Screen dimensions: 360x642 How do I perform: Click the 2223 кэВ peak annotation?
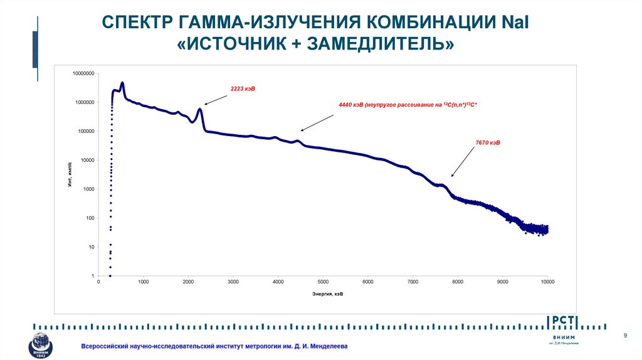pyautogui.click(x=243, y=90)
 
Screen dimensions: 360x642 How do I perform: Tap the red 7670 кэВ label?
pyautogui.click(x=488, y=143)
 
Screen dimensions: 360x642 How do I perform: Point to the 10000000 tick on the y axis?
pyautogui.click(x=83, y=73)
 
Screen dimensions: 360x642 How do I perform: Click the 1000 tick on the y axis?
pyautogui.click(x=88, y=189)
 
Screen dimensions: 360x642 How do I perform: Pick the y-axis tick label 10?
pyautogui.click(x=92, y=247)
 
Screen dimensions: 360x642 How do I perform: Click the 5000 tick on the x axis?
pyautogui.click(x=323, y=282)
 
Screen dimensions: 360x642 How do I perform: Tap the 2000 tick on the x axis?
pyautogui.click(x=188, y=282)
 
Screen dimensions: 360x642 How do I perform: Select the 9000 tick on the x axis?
pyautogui.click(x=503, y=282)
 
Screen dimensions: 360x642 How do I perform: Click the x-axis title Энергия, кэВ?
pyautogui.click(x=328, y=294)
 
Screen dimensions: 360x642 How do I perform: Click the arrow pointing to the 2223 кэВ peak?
pyautogui.click(x=215, y=98)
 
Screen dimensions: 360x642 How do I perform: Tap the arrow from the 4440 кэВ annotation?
pyautogui.click(x=317, y=122)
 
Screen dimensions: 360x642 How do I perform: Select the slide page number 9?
pyautogui.click(x=624, y=337)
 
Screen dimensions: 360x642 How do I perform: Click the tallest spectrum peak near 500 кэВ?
pyautogui.click(x=122, y=83)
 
